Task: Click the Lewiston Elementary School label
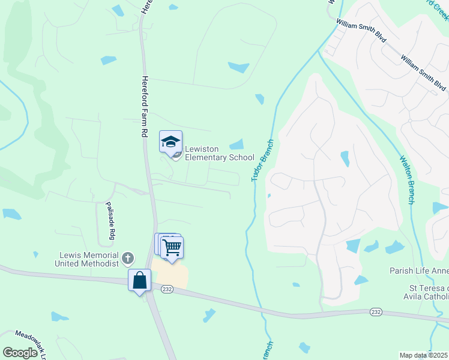pyautogui.click(x=219, y=153)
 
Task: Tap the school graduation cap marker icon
pyautogui.click(x=170, y=142)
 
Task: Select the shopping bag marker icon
pyautogui.click(x=139, y=280)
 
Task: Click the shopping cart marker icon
pyautogui.click(x=172, y=247)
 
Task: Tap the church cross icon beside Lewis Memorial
pyautogui.click(x=127, y=259)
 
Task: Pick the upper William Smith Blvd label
pyautogui.click(x=360, y=31)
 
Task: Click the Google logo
pyautogui.click(x=20, y=352)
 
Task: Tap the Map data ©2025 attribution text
pyautogui.click(x=423, y=355)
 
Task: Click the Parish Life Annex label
pyautogui.click(x=419, y=271)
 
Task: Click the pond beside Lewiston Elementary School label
pyautogui.click(x=237, y=144)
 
